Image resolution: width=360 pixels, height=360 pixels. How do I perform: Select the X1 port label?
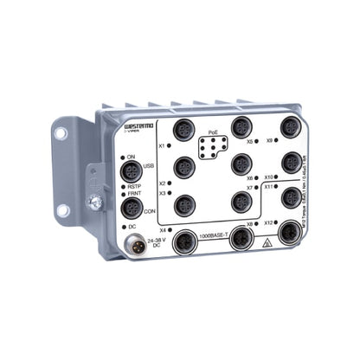(x=162, y=146)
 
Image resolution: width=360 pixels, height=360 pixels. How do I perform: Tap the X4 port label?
(x=164, y=229)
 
